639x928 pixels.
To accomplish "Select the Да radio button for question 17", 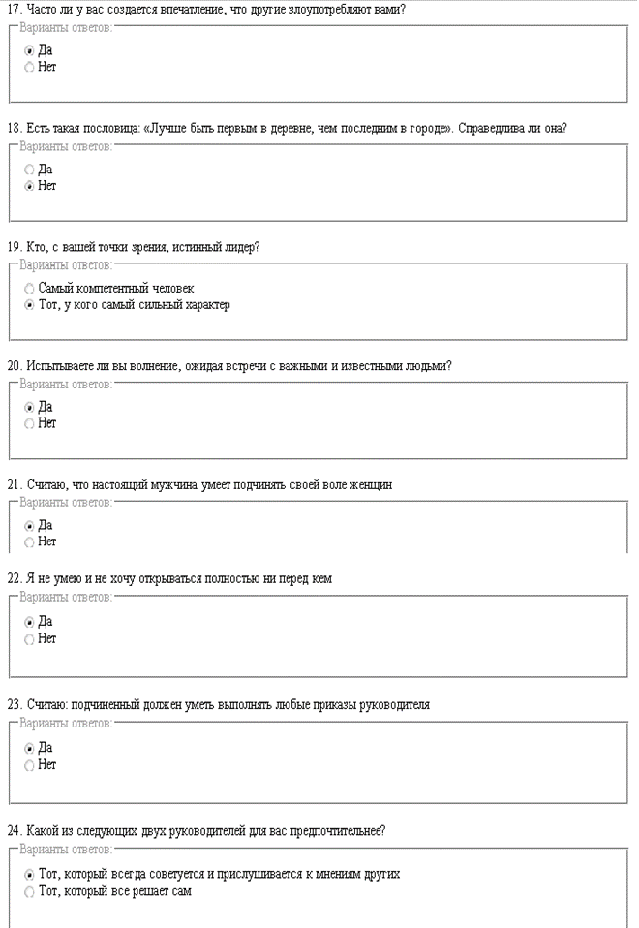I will (29, 50).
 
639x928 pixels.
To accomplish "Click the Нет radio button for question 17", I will (29, 67).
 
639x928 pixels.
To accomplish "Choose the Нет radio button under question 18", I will (29, 186).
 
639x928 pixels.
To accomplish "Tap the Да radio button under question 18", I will (29, 170).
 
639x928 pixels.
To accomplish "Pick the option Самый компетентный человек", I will (29, 289).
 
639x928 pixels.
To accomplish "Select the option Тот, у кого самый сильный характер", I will (29, 305).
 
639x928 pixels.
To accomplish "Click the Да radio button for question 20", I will (29, 408).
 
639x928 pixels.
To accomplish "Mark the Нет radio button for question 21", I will (29, 542).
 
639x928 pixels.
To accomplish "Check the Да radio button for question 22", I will (29, 622).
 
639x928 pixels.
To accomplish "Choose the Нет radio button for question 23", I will (29, 765).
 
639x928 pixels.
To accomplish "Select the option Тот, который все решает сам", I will (29, 891).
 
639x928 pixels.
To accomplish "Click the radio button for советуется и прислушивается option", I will (29, 874).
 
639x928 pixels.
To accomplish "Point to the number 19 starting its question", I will (14, 247).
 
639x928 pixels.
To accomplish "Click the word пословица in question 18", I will (107, 128).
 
